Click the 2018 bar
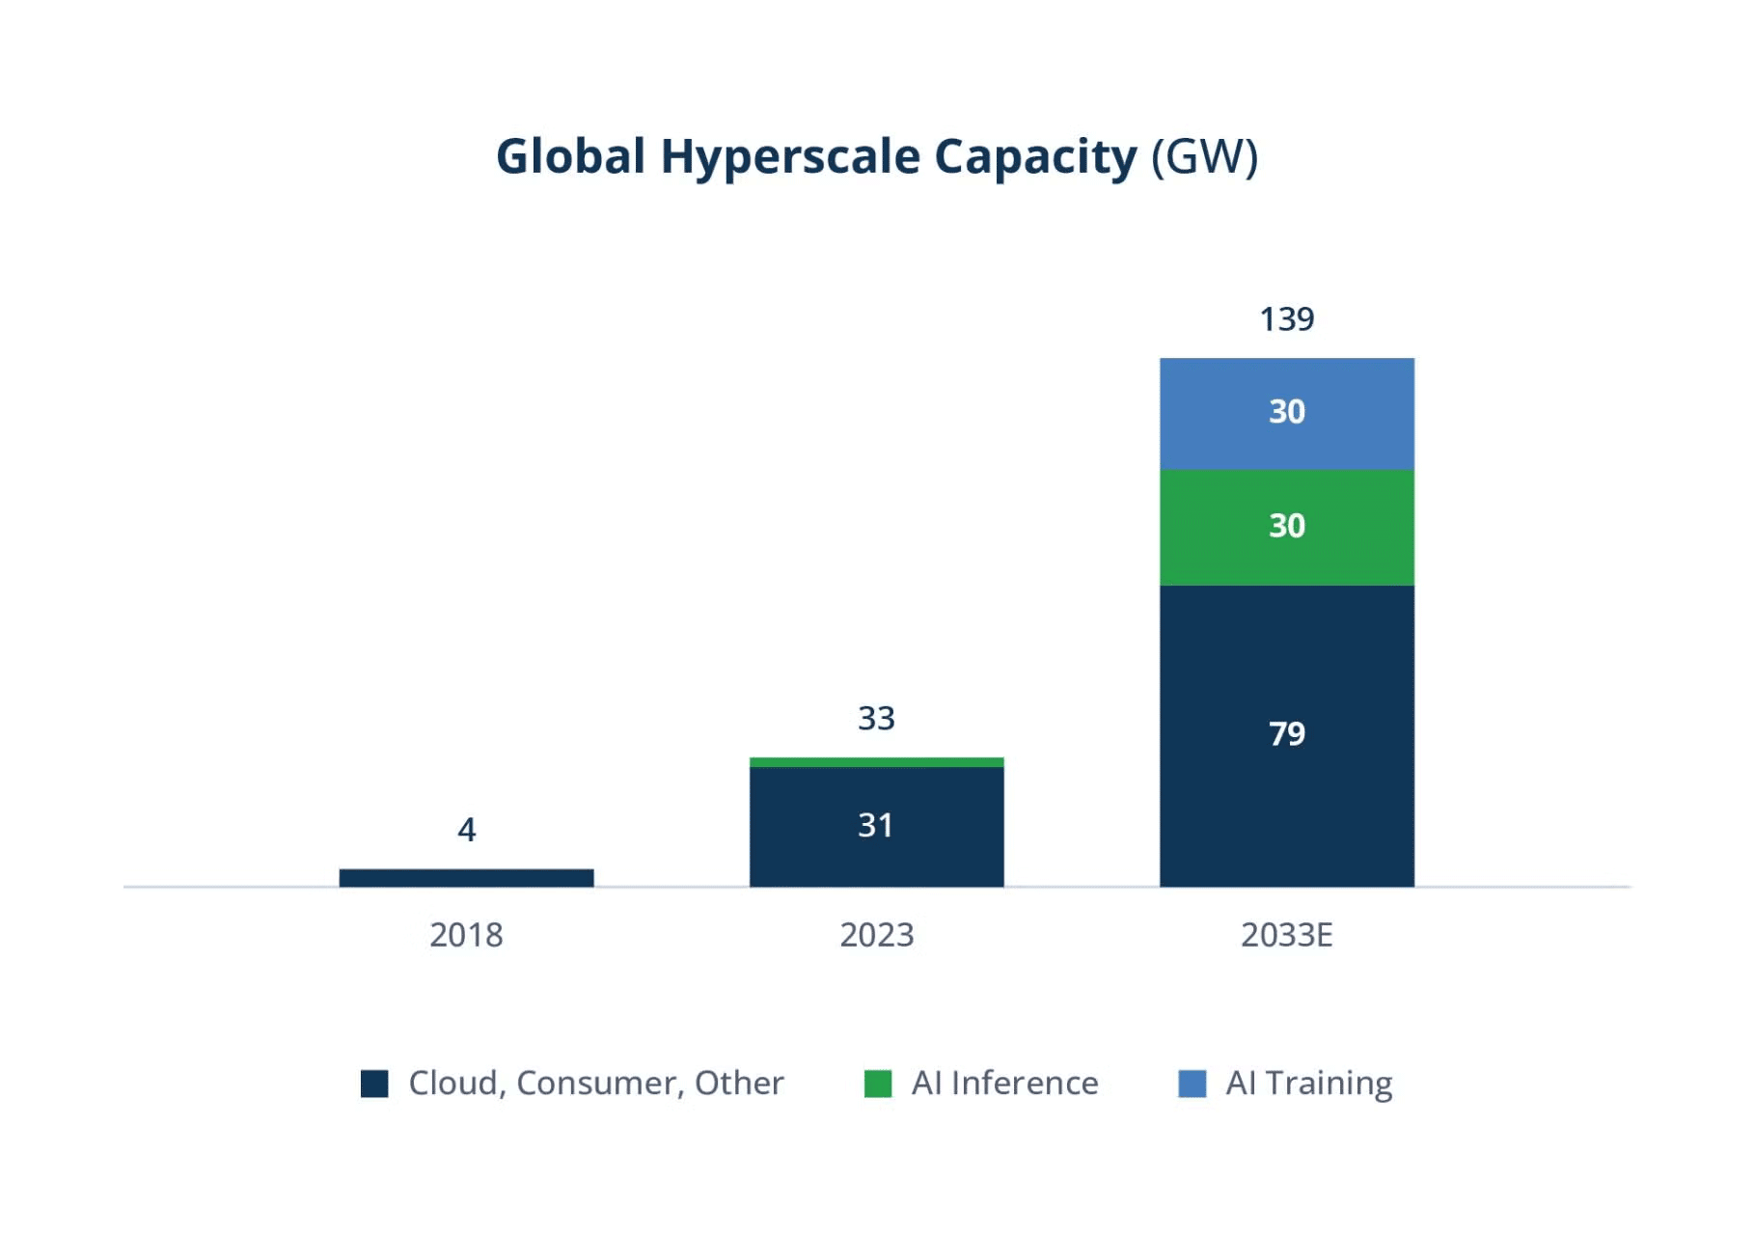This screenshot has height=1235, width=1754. [x=466, y=877]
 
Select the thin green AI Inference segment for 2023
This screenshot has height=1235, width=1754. [x=876, y=762]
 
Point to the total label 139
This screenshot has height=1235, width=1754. [x=1286, y=319]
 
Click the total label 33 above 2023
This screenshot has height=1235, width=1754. [x=876, y=719]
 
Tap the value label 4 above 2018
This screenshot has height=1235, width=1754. [x=466, y=830]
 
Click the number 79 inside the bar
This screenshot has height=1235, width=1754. [x=1286, y=734]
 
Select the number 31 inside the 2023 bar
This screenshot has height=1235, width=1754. [x=876, y=826]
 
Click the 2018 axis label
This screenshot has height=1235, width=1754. [x=466, y=935]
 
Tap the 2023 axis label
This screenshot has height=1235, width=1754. [x=876, y=935]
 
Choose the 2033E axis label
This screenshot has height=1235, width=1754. [x=1286, y=935]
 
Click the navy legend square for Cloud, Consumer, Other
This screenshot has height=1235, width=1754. [x=374, y=1084]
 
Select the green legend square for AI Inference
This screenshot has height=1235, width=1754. [x=878, y=1084]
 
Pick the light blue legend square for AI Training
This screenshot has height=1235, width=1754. [x=1192, y=1084]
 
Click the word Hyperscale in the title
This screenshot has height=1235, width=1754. [x=790, y=156]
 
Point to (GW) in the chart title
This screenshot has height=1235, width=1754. [x=1205, y=156]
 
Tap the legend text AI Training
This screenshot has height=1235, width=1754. [x=1308, y=1084]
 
